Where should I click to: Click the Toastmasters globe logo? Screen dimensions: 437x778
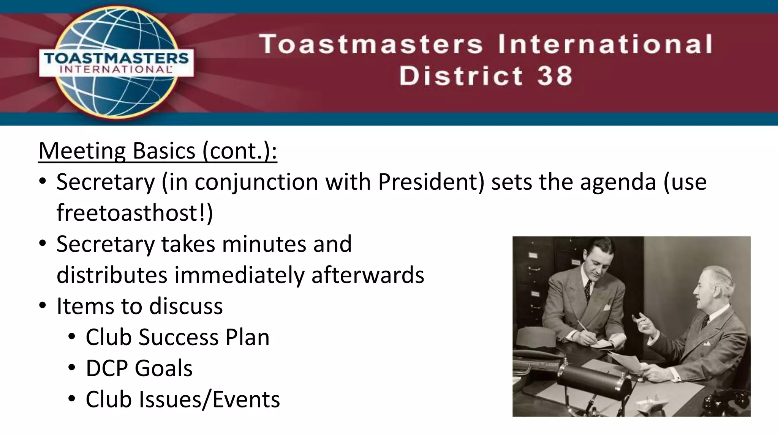coord(116,63)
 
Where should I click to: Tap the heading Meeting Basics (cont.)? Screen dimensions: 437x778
coord(158,151)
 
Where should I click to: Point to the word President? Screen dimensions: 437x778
coord(431,182)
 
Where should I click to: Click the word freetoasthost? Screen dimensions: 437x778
coord(134,213)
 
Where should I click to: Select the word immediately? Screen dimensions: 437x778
coord(239,275)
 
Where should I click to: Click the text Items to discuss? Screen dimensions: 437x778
coord(139,306)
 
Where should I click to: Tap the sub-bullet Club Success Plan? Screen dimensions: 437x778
coord(177,337)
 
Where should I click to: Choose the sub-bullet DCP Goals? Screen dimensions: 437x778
coord(139,368)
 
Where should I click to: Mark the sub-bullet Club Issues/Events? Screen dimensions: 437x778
coord(183,399)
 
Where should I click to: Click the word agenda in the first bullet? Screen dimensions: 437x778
coord(618,182)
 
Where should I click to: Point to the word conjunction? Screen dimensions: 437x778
coord(257,182)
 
